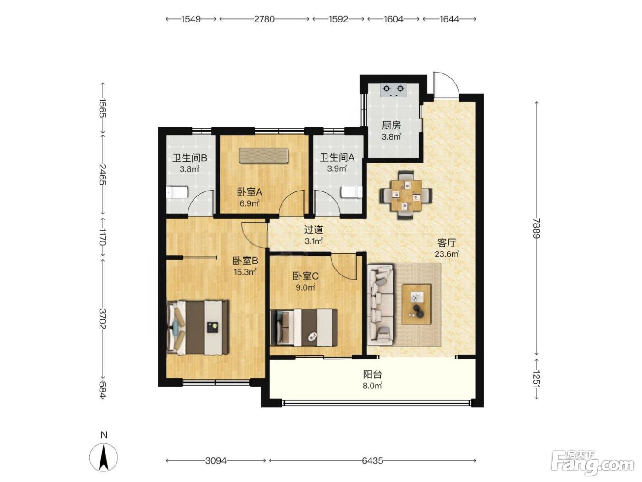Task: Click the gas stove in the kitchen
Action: point(393,90)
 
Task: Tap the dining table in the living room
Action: point(406,195)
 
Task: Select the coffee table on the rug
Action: point(416,304)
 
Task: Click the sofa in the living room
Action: point(381,304)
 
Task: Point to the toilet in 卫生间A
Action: point(352,192)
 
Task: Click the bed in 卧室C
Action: point(304,328)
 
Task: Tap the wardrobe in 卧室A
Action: point(264,156)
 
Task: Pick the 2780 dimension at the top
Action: point(264,19)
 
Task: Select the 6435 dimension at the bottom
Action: point(372,460)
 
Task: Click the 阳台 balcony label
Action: point(372,374)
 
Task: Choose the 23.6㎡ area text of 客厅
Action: point(447,253)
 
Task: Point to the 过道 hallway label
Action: point(314,230)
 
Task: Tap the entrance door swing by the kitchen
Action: point(446,84)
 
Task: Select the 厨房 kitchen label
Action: point(391,125)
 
